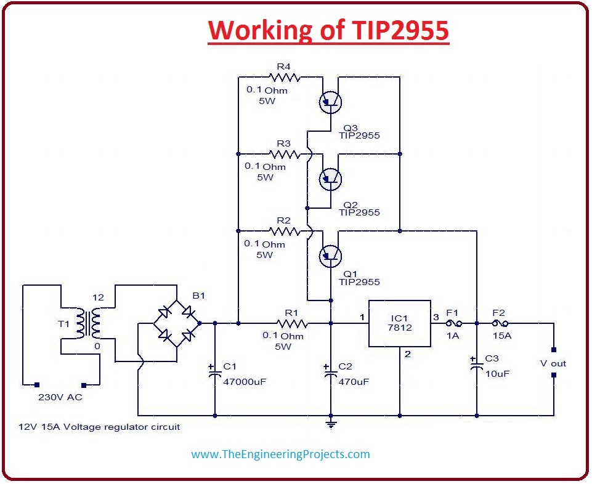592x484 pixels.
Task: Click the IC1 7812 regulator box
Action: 399,323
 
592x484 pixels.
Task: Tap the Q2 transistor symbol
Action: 331,179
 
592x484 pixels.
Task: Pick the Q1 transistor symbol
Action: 331,255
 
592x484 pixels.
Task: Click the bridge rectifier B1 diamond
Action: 176,323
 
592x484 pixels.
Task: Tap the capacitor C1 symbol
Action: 215,371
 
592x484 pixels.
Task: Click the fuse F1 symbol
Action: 453,323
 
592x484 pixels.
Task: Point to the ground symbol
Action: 331,424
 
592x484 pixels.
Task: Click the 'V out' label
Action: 553,363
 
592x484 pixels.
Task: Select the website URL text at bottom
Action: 280,454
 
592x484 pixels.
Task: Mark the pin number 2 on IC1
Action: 407,354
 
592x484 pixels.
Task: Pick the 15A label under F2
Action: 502,336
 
